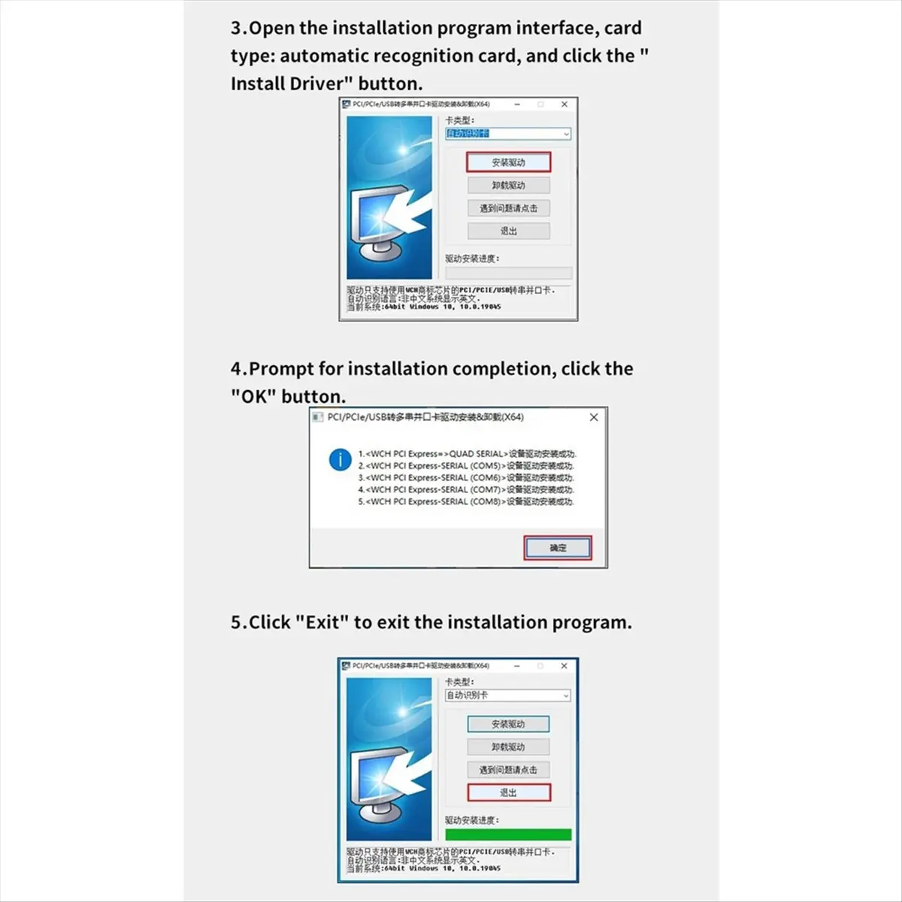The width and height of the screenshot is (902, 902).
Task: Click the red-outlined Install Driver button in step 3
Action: [508, 162]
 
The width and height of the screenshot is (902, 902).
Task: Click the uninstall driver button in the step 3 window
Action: [508, 186]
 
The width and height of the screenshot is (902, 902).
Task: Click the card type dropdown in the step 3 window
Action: [508, 134]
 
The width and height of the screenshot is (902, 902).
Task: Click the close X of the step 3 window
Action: [565, 104]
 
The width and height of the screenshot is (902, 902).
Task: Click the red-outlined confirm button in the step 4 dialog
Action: [558, 548]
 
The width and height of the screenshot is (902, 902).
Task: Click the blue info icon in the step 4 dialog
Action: [341, 459]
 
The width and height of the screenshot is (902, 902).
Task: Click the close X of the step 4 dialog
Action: [594, 417]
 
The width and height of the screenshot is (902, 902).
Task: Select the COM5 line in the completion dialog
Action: [466, 466]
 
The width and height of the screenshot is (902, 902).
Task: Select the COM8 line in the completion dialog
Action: [466, 501]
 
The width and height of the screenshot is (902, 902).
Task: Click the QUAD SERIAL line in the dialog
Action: [466, 454]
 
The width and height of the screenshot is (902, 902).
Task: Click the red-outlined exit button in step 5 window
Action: [508, 792]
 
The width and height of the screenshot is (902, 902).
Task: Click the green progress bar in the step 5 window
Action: [508, 834]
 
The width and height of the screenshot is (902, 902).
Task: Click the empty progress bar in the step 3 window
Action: [508, 273]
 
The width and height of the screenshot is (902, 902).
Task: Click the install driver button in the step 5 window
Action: [508, 724]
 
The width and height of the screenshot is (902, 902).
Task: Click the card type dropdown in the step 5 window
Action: [508, 695]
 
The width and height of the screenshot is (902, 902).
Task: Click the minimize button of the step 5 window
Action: [516, 666]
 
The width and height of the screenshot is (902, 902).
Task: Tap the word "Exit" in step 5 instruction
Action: [322, 622]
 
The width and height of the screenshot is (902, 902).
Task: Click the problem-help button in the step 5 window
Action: [508, 770]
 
